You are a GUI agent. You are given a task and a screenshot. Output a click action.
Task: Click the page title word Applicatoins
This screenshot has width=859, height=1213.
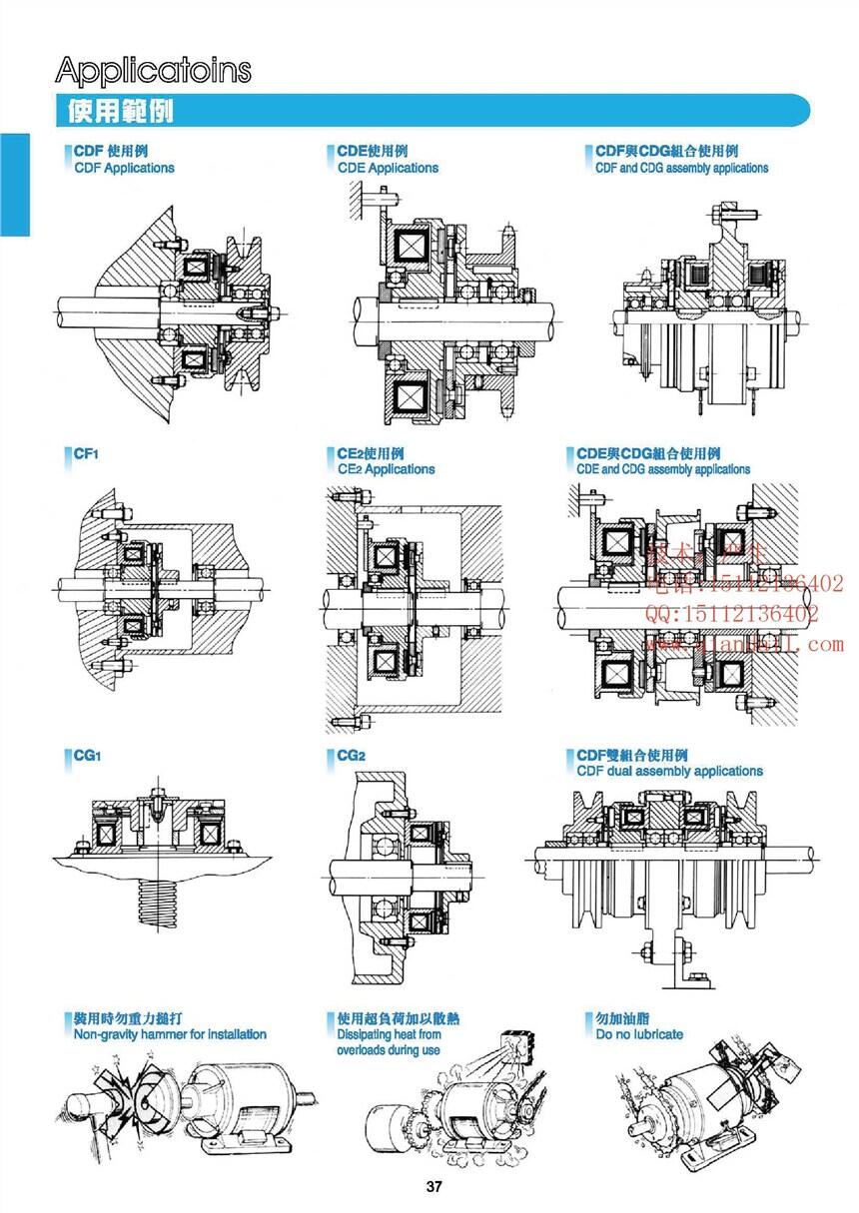pos(154,70)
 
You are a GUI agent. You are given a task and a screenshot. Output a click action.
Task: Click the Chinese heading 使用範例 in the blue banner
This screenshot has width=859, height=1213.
pos(121,110)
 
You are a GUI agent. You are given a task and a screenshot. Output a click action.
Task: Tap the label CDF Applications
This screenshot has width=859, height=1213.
pos(124,168)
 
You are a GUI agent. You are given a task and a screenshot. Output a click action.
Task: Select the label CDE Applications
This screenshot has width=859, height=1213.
pos(388,168)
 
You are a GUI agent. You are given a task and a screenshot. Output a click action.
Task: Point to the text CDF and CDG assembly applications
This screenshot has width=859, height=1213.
pos(681,168)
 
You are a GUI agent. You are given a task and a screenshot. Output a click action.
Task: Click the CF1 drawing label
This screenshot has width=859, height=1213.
pos(86,453)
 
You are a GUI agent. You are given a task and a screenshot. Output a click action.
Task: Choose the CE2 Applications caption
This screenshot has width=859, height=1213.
pos(386,469)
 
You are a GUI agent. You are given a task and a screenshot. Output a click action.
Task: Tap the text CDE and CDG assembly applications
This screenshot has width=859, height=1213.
pos(663,469)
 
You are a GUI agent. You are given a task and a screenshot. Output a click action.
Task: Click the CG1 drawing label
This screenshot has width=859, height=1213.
pos(87,756)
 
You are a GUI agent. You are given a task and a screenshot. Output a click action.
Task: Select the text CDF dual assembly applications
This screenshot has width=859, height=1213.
pos(669,771)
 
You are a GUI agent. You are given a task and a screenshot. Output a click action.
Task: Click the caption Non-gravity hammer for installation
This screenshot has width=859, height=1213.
pos(170,1034)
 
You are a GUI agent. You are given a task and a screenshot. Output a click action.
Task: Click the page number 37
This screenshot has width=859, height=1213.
pos(433,1187)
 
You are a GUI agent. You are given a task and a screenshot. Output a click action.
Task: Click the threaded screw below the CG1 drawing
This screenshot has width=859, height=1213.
pos(156,905)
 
